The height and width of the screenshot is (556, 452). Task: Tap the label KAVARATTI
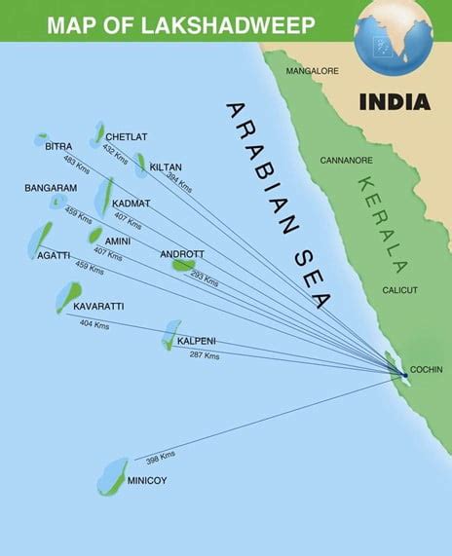98,307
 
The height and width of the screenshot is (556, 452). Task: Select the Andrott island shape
183,264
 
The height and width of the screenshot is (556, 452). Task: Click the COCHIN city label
427,370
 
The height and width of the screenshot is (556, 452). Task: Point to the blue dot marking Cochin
404,374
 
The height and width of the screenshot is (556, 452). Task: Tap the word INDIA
395,101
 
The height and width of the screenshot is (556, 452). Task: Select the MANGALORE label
312,71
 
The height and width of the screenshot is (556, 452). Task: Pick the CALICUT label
399,290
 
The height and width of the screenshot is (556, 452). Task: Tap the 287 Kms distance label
205,355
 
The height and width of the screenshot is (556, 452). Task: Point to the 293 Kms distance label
205,280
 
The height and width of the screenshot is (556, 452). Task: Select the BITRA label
58,146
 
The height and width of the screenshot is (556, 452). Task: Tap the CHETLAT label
126,136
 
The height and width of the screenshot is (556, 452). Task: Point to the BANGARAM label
49,187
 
